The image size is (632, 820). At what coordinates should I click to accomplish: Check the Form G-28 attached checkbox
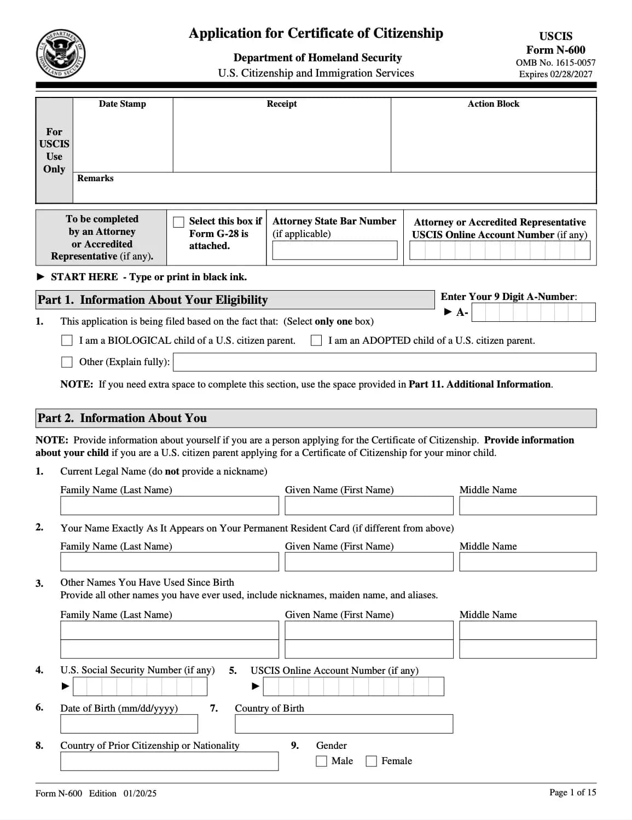[x=178, y=222]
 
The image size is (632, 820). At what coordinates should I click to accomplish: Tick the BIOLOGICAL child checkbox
[x=67, y=340]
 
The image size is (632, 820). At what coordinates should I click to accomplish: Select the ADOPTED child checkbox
[x=316, y=340]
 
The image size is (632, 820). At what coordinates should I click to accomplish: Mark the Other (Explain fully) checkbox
[x=67, y=362]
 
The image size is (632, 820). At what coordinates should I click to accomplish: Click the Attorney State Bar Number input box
[x=335, y=250]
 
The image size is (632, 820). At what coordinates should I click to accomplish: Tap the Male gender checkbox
[x=322, y=761]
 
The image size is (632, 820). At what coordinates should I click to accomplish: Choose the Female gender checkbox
[x=372, y=761]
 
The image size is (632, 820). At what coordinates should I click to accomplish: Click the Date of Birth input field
[x=129, y=724]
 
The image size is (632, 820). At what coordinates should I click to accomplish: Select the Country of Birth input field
[x=344, y=724]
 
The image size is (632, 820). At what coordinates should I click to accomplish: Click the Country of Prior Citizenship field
[x=169, y=761]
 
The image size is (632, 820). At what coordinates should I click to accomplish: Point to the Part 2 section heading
[x=123, y=418]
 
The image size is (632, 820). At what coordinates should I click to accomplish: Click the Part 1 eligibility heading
[x=153, y=300]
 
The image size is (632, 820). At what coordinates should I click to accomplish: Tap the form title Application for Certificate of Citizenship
[x=316, y=33]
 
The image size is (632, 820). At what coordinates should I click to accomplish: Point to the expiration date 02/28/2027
[x=555, y=74]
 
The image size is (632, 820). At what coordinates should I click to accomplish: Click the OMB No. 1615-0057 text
[x=555, y=63]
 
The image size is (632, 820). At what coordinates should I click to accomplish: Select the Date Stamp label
[x=123, y=104]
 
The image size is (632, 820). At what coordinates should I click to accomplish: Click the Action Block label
[x=493, y=104]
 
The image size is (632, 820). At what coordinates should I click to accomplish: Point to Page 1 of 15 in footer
[x=572, y=792]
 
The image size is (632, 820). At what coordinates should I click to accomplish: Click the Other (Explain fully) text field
[x=384, y=362]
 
